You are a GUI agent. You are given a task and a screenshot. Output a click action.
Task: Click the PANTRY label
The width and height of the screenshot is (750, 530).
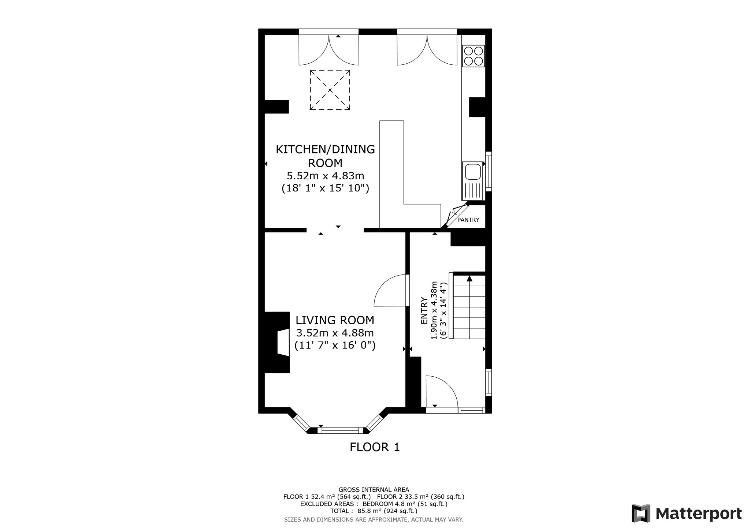468,220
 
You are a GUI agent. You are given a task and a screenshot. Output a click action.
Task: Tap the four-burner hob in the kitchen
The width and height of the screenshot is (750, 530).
473,56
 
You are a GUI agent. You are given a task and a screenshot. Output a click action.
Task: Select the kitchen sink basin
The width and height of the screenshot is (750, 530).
472,172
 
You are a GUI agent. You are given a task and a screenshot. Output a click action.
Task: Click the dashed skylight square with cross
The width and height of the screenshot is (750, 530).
330,90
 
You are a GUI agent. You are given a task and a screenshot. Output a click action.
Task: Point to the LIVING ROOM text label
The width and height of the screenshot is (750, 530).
335,320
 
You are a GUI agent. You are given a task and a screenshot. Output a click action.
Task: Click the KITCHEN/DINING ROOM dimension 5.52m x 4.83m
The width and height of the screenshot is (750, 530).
325,176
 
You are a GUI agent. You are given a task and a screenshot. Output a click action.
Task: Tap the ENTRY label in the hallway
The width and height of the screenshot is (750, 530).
424,310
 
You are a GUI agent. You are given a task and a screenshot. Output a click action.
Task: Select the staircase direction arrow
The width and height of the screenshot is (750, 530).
469,279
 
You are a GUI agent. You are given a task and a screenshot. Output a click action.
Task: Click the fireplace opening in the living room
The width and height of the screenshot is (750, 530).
283,343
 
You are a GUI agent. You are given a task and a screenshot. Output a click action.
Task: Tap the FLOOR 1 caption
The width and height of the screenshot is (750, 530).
375,447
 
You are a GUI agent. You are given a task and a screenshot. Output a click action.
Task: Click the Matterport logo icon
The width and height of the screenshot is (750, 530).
641,513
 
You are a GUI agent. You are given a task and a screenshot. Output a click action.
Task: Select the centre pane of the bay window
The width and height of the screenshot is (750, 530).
342,430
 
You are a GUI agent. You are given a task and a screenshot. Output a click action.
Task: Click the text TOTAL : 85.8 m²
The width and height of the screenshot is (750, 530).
374,511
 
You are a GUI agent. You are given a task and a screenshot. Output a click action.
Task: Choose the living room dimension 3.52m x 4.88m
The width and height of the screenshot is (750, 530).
335,333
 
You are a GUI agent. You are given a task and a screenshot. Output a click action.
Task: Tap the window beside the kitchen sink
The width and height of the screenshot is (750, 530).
489,171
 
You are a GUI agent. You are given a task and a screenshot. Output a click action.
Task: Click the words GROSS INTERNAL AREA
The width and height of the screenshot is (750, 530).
374,489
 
